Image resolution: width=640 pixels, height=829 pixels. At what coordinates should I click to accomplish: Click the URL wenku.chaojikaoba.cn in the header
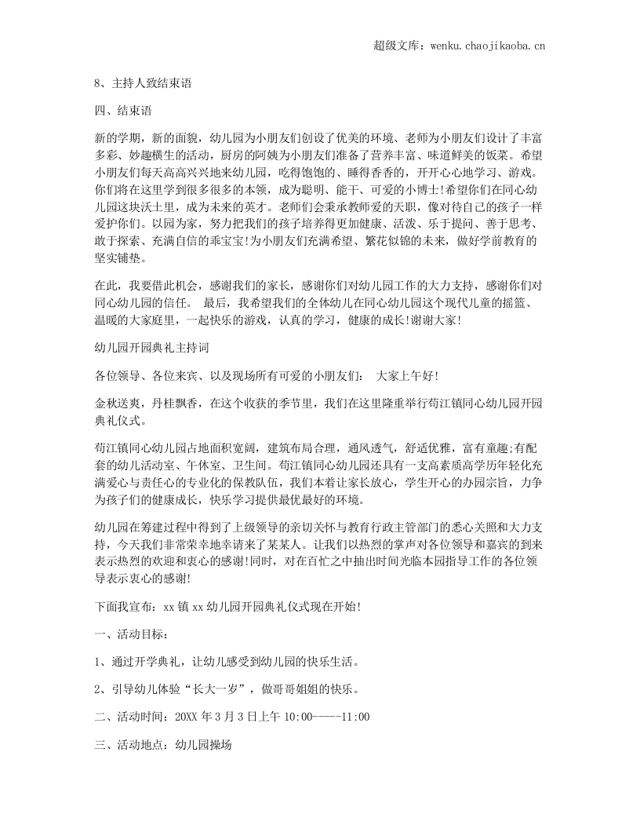[488, 46]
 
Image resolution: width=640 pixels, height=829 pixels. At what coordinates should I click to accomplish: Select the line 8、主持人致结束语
[143, 82]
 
